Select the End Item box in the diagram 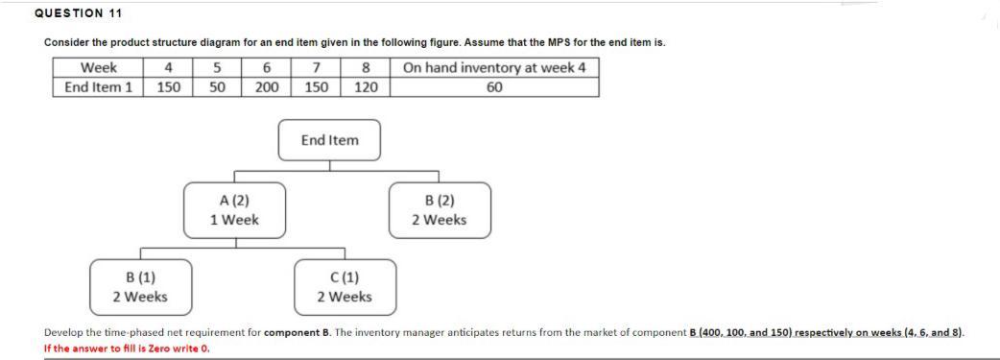[x=329, y=140]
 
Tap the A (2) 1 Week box [x=235, y=210]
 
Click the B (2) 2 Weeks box [x=439, y=210]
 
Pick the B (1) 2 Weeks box [x=140, y=287]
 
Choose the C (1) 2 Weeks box [x=345, y=287]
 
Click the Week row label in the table [x=98, y=67]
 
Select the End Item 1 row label [x=98, y=87]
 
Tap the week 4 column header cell [x=169, y=67]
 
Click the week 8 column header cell [x=366, y=67]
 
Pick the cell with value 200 [x=267, y=87]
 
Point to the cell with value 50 [x=218, y=87]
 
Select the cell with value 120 [x=366, y=87]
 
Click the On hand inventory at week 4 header [x=494, y=67]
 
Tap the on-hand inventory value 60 [x=494, y=87]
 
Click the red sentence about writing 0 [x=127, y=348]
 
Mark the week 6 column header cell [x=267, y=67]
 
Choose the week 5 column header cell [x=218, y=67]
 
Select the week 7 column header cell [x=316, y=67]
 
